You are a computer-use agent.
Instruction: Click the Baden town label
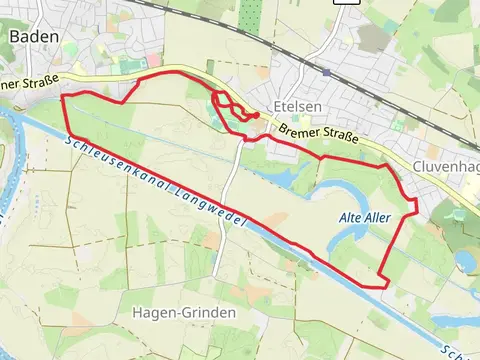[x=33, y=36]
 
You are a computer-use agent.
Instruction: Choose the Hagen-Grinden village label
[x=184, y=312]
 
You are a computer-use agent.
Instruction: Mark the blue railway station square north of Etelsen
[x=326, y=72]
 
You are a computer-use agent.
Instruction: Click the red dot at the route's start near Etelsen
[x=257, y=115]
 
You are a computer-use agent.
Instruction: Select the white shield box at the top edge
[x=346, y=3]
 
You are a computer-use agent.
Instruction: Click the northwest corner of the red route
[x=64, y=96]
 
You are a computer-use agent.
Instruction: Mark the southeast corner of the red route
[x=384, y=287]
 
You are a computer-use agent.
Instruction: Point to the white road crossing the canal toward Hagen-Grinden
[x=225, y=215]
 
